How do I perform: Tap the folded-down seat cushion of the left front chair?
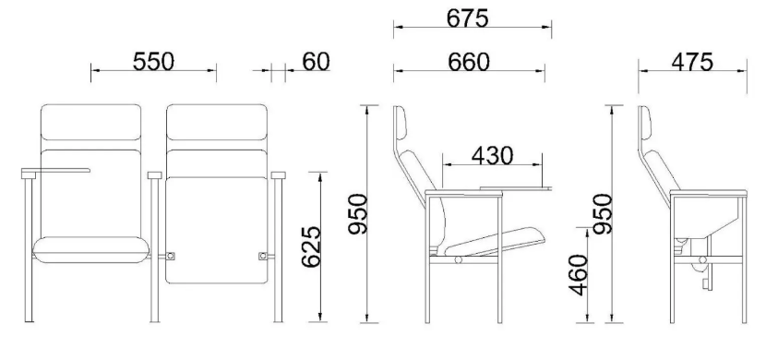pos(90,248)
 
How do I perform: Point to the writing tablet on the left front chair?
pos(55,171)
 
